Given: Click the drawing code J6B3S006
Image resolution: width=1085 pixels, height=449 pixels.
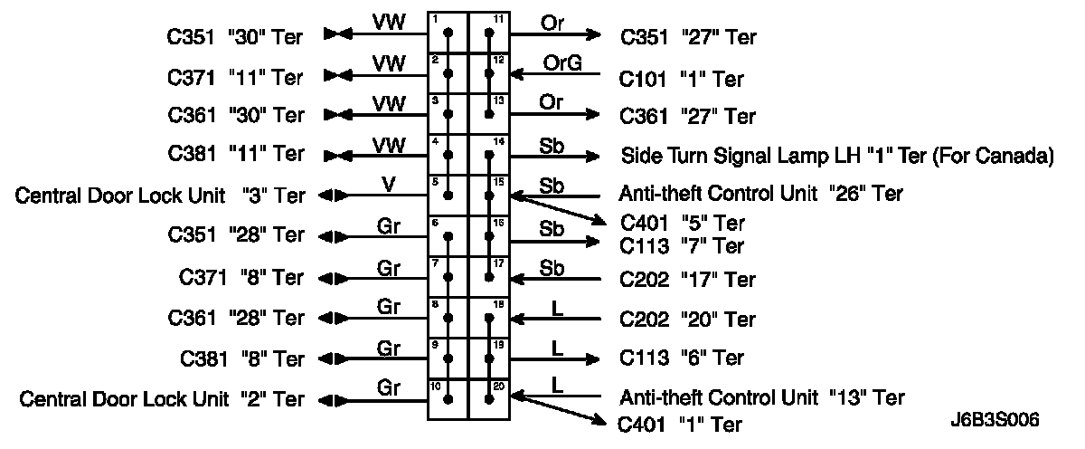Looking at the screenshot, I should coord(995,421).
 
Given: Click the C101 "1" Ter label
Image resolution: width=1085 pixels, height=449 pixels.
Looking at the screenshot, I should coord(682,79).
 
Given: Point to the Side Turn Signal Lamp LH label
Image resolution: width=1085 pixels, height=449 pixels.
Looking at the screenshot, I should coord(836,156).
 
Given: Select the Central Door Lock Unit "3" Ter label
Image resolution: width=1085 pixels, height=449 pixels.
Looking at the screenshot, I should coord(160,195).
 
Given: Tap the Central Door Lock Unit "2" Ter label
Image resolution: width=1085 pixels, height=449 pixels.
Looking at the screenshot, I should coord(162,398).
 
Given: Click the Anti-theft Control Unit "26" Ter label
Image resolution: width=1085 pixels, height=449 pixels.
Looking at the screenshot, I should coord(760,194).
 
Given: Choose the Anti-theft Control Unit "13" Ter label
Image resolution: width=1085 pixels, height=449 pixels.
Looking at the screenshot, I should coord(761,396).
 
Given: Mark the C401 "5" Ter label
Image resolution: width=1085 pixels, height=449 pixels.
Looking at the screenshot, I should coord(683,223).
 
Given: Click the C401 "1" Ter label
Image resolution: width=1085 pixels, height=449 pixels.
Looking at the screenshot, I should coord(680,424).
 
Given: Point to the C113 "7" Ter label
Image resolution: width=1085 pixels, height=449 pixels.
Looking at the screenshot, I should coord(682,245).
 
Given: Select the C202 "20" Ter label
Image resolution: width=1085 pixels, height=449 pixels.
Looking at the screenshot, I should coord(687,320).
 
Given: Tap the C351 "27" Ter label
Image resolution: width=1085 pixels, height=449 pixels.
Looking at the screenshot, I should coord(687,37).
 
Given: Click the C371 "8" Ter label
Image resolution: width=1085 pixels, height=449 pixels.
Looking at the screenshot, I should coord(236,277).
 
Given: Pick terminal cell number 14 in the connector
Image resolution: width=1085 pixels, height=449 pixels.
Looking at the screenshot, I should coord(489,156).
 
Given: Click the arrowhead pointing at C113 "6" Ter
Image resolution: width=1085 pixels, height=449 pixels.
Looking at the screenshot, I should coord(592,357).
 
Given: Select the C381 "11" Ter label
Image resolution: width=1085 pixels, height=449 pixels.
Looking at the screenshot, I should coord(236,154).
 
